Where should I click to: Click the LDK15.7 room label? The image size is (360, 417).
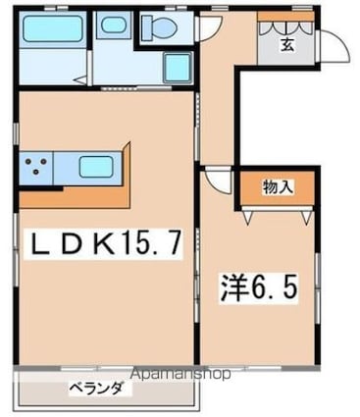(x=105, y=242)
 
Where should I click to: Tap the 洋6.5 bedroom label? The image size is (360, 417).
(x=259, y=287)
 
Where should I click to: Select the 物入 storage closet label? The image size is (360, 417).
(x=278, y=187)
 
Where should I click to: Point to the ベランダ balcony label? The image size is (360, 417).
(x=96, y=389)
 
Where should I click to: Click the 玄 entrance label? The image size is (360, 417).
(x=286, y=44)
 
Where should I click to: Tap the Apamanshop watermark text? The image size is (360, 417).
(x=180, y=374)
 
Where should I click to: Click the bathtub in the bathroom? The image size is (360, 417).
(x=52, y=28)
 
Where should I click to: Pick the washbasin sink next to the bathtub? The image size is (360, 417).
(x=113, y=25)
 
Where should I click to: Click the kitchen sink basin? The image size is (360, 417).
(x=96, y=167)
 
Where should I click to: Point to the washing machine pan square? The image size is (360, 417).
(x=177, y=68)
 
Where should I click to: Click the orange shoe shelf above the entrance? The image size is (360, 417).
(x=285, y=17)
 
